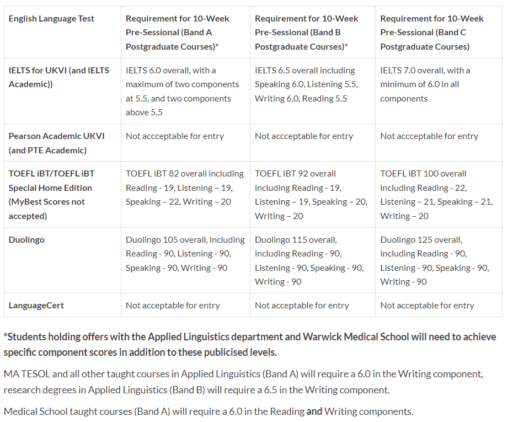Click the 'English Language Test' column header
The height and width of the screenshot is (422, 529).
[x=51, y=19]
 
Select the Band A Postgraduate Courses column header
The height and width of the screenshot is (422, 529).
[x=178, y=33]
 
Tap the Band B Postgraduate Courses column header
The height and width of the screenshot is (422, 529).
[x=307, y=33]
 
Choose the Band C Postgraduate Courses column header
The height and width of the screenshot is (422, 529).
[x=431, y=33]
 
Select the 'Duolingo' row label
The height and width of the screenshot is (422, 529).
[x=26, y=240]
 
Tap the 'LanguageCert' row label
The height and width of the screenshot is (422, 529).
[x=36, y=306]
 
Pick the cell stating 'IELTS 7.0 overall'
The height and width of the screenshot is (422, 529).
[x=425, y=84]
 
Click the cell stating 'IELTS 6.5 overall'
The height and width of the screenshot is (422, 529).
[x=306, y=84]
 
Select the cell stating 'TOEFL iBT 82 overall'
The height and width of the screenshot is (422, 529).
[x=184, y=188]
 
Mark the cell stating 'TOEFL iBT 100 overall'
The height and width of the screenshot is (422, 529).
[x=436, y=195]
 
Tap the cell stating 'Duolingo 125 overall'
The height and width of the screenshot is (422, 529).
[x=434, y=261]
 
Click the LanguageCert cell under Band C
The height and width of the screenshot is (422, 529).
[x=427, y=306]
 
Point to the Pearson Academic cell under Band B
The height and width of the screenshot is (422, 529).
[x=304, y=136]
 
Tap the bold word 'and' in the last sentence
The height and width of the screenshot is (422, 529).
[x=314, y=412]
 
